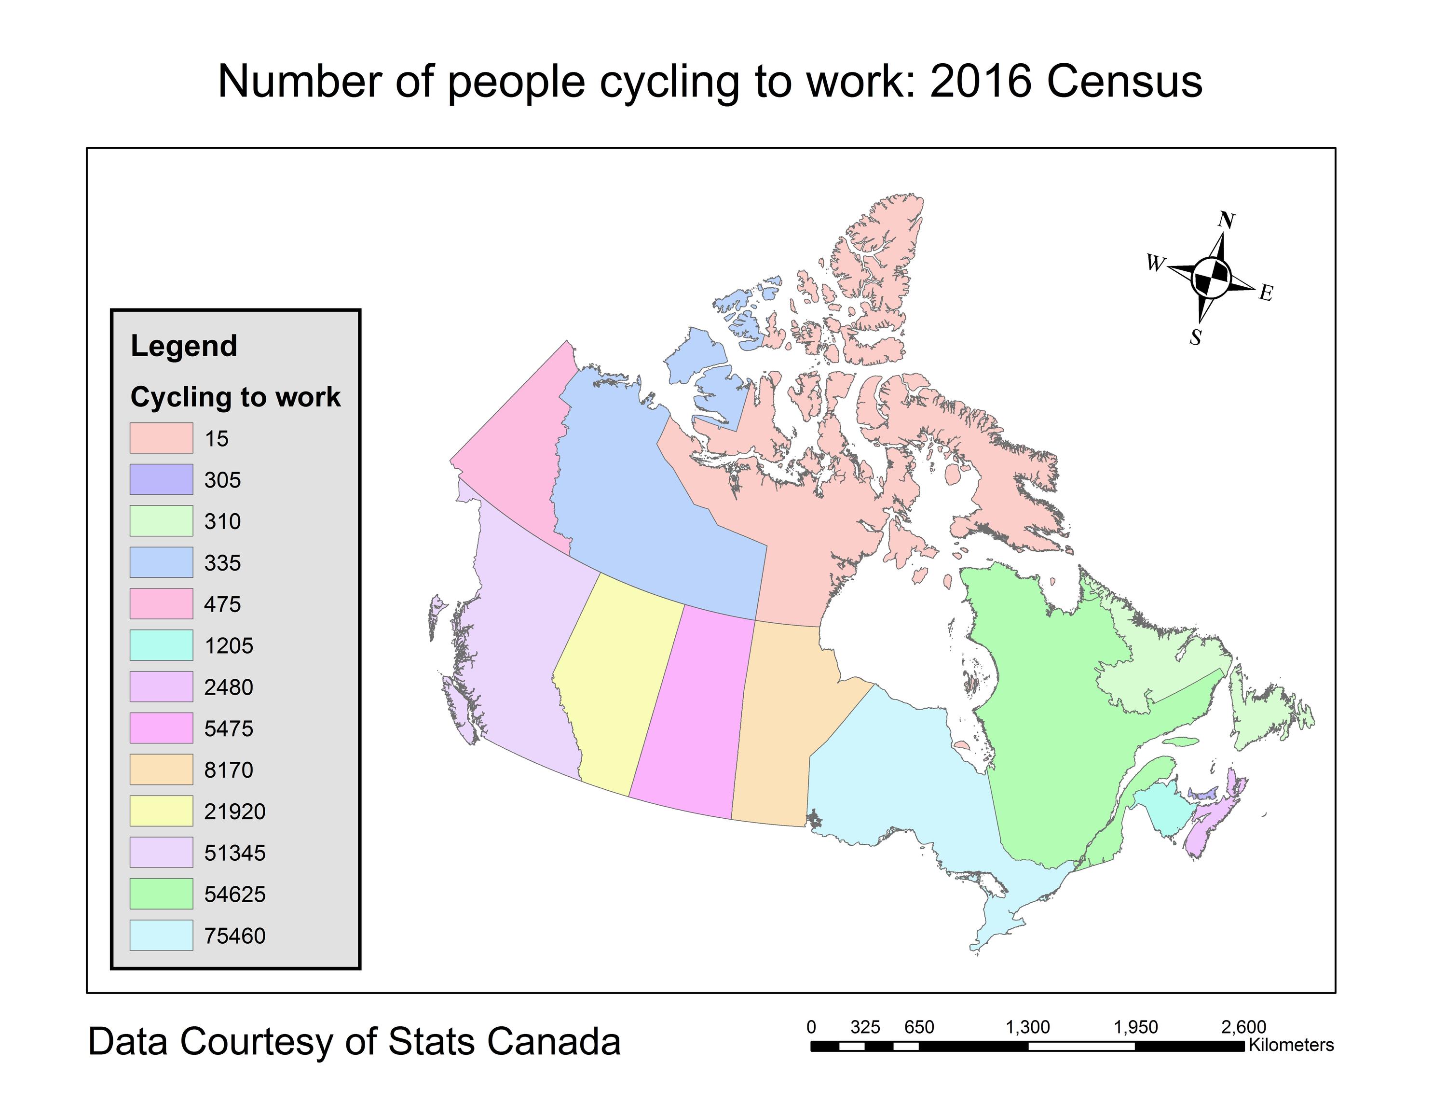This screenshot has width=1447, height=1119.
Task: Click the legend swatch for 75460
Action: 161,936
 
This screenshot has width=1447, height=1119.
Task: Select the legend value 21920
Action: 234,811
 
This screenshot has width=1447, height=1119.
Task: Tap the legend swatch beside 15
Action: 161,438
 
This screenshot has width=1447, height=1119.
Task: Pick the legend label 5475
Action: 229,728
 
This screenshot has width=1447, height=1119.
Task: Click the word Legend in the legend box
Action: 183,346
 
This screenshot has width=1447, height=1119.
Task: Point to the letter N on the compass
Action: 1227,220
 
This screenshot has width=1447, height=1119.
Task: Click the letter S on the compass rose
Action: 1195,337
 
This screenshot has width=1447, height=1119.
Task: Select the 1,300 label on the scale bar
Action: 1027,1027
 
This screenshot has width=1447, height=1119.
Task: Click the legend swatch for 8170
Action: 161,769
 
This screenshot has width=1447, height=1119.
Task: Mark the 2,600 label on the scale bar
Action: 1243,1027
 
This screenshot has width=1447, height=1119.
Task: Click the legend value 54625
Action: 234,894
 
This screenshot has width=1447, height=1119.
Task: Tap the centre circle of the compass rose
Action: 1212,278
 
